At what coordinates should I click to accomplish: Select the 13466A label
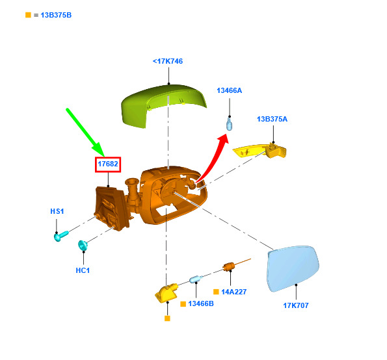[x=230, y=90]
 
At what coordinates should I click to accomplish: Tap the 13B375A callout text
[x=273, y=119]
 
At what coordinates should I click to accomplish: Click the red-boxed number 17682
[x=108, y=164]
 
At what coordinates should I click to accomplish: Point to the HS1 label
[x=57, y=211]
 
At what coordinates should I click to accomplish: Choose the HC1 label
[x=83, y=270]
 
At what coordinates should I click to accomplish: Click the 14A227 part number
[x=234, y=292]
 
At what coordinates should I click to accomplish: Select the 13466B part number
[x=201, y=303]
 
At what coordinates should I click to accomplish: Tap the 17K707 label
[x=296, y=305]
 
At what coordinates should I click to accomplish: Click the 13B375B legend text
[x=56, y=15]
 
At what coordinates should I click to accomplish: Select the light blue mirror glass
[x=293, y=268]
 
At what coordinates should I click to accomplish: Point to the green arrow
[x=85, y=133]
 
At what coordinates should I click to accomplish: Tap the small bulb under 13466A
[x=230, y=124]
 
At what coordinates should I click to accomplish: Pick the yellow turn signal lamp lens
[x=259, y=150]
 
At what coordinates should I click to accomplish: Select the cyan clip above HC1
[x=83, y=246]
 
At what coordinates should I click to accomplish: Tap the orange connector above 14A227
[x=229, y=266]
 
